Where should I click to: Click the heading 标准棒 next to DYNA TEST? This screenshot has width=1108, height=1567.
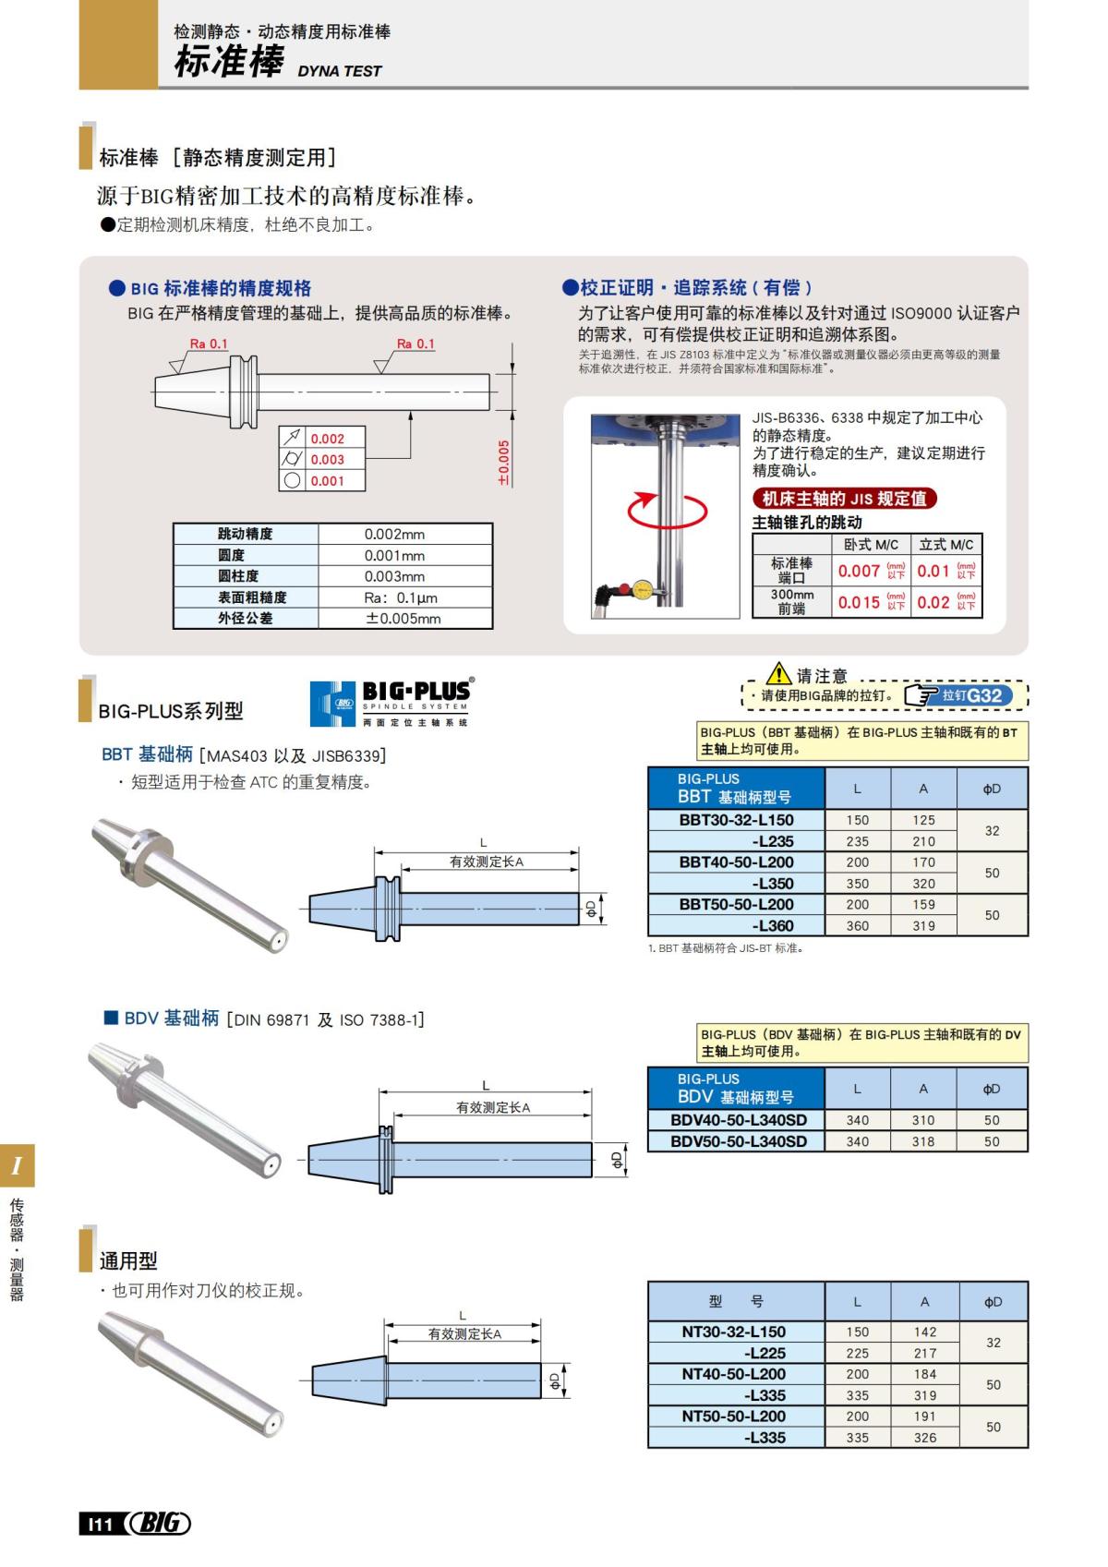(228, 63)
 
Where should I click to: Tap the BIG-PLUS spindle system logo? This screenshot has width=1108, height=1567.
(390, 703)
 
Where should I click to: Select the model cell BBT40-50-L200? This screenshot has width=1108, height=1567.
(736, 862)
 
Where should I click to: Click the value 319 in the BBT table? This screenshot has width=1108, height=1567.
(923, 925)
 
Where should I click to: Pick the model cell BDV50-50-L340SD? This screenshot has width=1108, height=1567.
(738, 1141)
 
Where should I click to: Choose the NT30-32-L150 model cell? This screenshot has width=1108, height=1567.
(733, 1332)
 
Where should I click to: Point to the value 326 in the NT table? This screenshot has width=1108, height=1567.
(924, 1438)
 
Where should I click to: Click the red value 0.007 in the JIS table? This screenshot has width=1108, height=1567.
(859, 572)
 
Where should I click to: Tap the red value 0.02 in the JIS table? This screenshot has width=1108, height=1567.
(933, 603)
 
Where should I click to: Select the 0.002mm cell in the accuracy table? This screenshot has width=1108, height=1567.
(394, 534)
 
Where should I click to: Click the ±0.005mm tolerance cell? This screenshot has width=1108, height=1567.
(403, 619)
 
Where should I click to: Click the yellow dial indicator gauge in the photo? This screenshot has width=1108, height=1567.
(643, 587)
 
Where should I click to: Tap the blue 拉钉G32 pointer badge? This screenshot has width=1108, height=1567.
(959, 695)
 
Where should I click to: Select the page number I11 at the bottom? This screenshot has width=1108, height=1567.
(99, 1525)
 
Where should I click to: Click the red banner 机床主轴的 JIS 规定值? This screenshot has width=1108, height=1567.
(844, 499)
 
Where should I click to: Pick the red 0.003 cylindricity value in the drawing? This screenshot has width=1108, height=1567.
(327, 459)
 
